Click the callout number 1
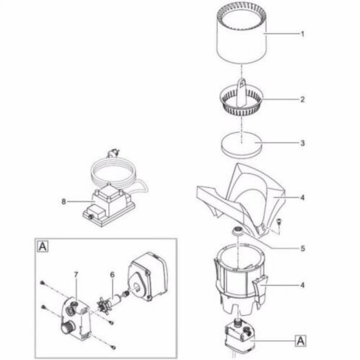coord(302,34)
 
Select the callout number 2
coord(302,99)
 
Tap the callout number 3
coord(302,143)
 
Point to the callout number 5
coord(302,248)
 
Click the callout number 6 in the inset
coord(112,274)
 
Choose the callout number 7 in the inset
coord(76,274)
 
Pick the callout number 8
coord(63,202)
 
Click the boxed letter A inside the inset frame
coord(43,247)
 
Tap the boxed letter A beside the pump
coord(300,341)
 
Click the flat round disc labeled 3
coord(241,145)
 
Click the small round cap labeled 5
coord(237,230)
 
